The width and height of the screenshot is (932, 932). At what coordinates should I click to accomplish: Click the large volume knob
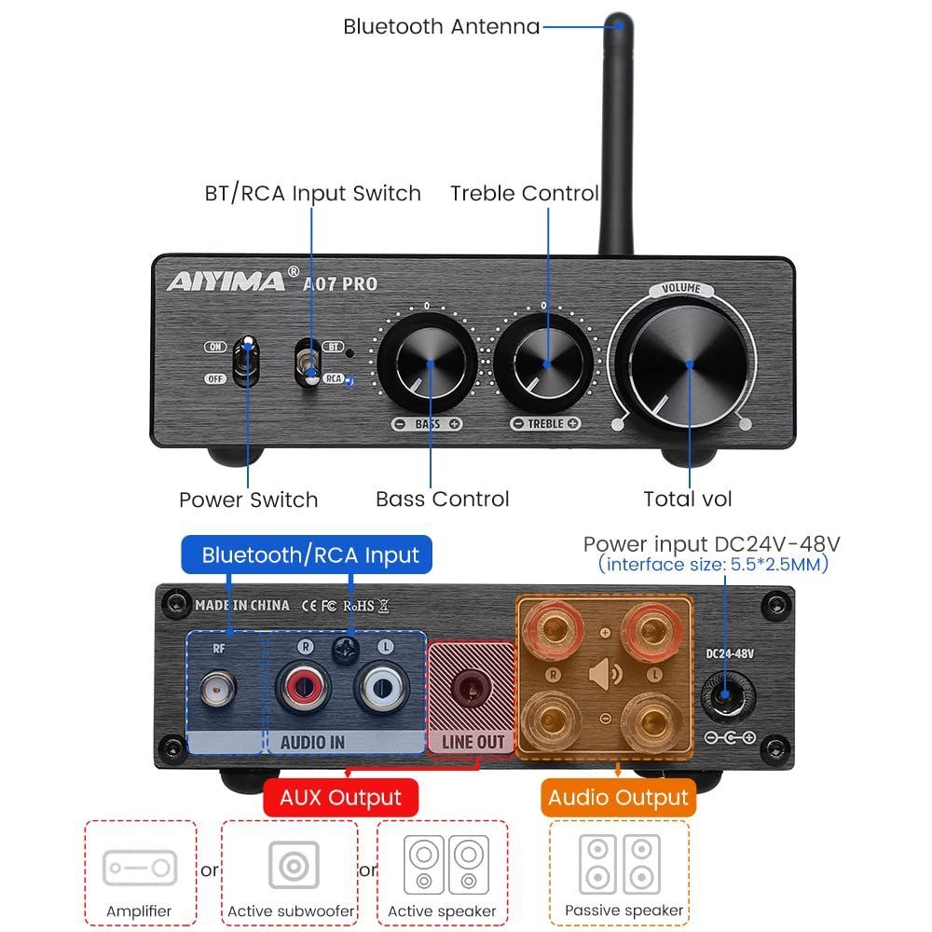click(688, 364)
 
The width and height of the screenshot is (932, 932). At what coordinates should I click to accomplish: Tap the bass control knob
click(430, 363)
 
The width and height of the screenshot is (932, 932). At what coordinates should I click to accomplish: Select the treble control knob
click(545, 363)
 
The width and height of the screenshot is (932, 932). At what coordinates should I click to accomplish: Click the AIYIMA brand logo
click(226, 281)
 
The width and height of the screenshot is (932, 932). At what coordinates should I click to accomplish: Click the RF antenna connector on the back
click(217, 689)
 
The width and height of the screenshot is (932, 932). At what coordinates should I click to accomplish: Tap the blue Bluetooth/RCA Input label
click(310, 555)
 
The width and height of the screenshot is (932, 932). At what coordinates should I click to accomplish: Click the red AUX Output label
click(340, 798)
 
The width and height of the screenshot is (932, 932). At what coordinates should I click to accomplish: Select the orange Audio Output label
click(618, 798)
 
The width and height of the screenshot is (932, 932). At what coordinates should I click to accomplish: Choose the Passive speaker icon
click(619, 864)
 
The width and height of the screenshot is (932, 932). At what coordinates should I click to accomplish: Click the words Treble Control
click(525, 193)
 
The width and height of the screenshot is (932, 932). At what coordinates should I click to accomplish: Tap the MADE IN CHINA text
click(242, 605)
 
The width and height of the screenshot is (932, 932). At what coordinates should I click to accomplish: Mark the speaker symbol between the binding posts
click(605, 673)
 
